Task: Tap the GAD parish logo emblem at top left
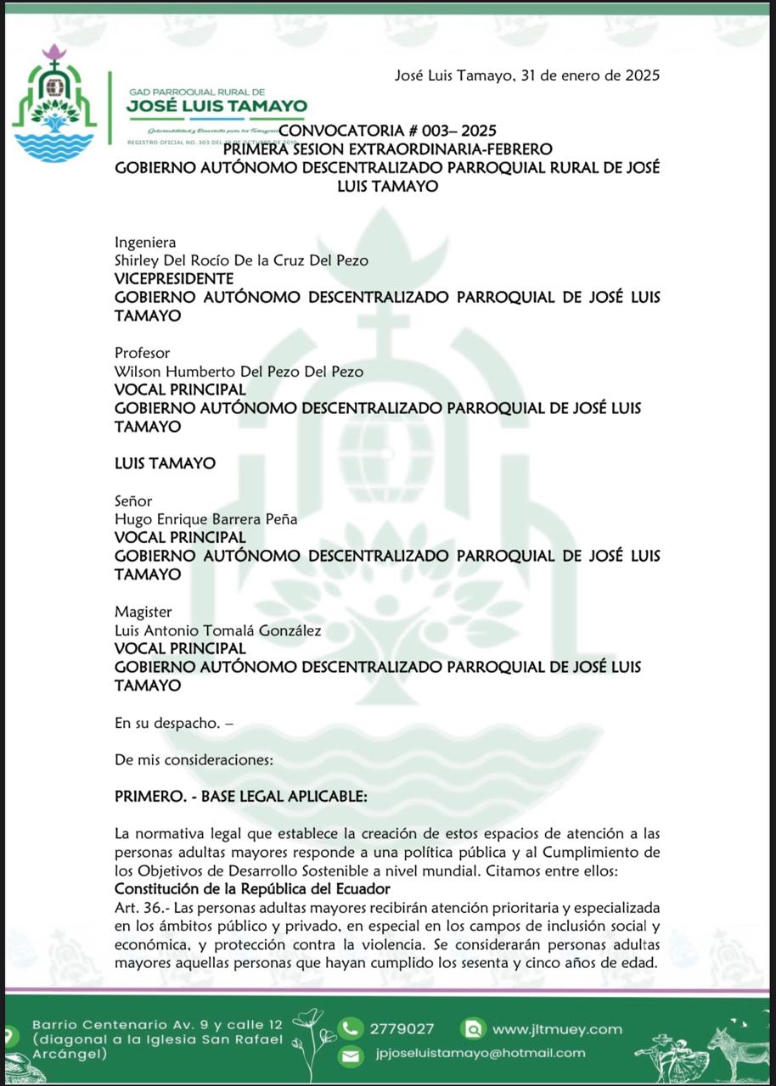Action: (x=55, y=103)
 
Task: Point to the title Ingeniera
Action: (x=145, y=243)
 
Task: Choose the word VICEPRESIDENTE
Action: (x=174, y=279)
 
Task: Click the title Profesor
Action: (x=143, y=353)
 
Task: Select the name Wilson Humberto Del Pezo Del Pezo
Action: (x=239, y=372)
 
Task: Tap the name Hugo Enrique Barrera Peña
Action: (x=206, y=519)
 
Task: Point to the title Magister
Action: (x=143, y=612)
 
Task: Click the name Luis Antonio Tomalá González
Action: (x=218, y=630)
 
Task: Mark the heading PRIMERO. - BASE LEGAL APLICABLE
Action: (x=241, y=798)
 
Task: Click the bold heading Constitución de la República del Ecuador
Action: (x=252, y=889)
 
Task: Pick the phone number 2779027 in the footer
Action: (x=402, y=1029)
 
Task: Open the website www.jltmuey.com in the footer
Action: (x=557, y=1029)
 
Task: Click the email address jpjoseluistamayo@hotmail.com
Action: (x=480, y=1053)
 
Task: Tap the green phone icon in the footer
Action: (x=350, y=1029)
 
